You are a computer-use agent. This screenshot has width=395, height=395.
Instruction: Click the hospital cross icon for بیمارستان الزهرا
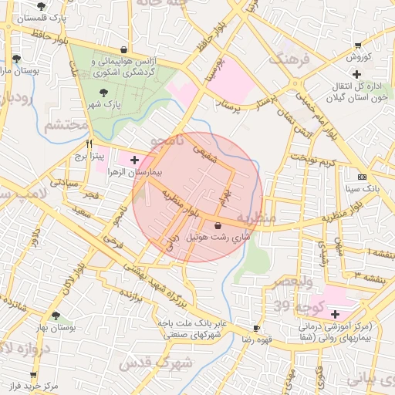click(135, 160)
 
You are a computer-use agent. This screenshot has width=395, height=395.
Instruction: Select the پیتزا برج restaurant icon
click(90, 143)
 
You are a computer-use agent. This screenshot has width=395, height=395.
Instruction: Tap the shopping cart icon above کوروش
click(356, 46)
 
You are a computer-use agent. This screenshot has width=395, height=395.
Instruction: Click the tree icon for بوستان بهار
click(56, 315)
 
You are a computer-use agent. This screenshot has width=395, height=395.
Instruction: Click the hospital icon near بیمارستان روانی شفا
click(334, 314)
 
